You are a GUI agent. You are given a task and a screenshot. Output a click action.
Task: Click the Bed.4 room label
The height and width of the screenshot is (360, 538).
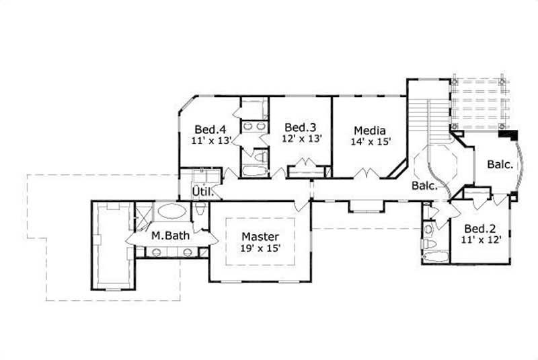coord(205,129)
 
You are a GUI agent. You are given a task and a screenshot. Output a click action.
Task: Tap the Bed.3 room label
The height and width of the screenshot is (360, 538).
coord(296,127)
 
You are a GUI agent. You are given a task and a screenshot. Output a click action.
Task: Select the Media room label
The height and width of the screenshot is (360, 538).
coord(369,130)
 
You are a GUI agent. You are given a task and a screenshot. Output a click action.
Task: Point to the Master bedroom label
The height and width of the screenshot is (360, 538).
coord(260,237)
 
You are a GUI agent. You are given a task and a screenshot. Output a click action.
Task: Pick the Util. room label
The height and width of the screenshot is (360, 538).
coord(202,192)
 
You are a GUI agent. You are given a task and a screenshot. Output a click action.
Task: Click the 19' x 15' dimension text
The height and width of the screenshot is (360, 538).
coord(260,248)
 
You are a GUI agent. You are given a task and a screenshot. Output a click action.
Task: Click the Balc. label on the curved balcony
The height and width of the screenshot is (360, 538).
coord(500,164)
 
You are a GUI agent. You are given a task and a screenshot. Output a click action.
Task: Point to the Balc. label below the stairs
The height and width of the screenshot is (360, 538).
coord(425,186)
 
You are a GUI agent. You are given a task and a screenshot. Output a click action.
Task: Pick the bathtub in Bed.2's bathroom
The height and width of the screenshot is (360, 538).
coord(435,256)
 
